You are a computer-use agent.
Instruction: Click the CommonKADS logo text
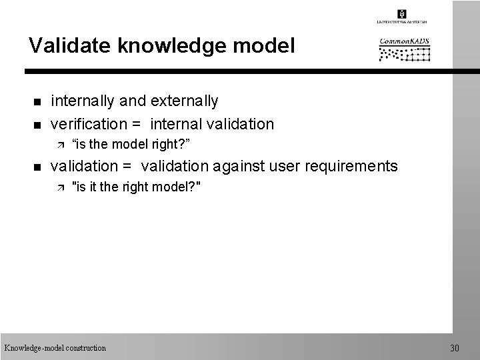tap(405, 41)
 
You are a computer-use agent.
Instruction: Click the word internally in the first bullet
tap(83, 101)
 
